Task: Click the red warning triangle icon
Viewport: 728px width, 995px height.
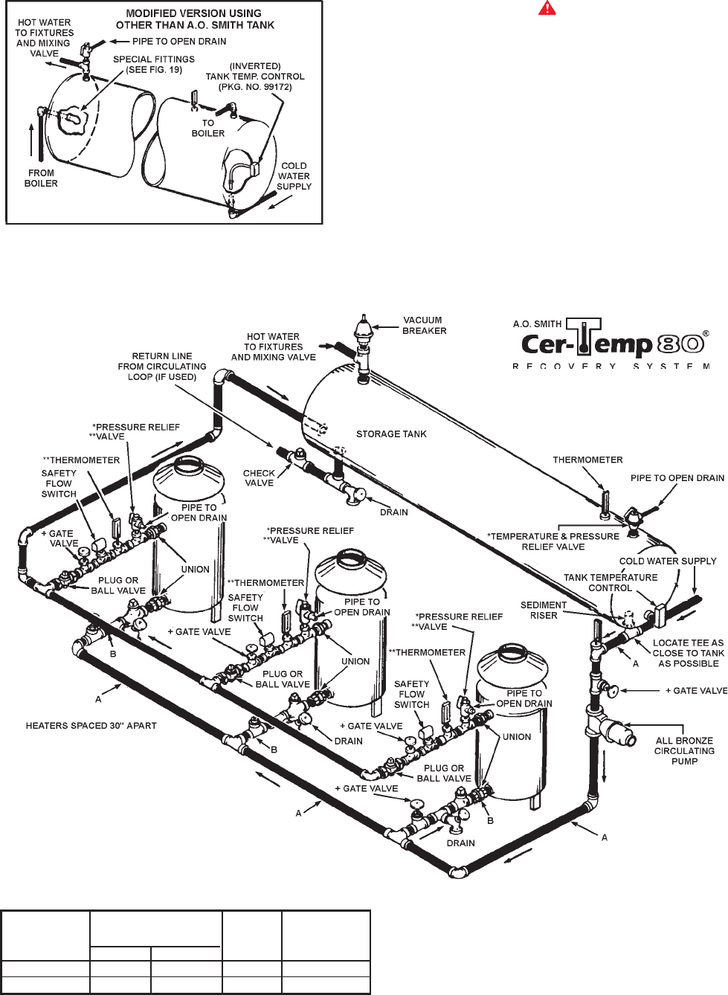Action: [x=547, y=8]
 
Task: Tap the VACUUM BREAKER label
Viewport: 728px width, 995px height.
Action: [x=425, y=326]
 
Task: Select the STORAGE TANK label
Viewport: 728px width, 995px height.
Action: [x=391, y=434]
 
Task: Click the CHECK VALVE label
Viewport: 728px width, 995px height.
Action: [x=260, y=478]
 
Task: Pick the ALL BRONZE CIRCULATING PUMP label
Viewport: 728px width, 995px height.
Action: [x=684, y=750]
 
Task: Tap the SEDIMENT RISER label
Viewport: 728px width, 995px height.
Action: [x=544, y=610]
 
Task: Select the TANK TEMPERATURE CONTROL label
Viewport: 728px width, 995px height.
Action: [x=611, y=582]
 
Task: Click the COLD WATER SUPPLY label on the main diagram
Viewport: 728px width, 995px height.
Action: [x=668, y=561]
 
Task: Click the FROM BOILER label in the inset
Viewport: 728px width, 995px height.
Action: [x=41, y=178]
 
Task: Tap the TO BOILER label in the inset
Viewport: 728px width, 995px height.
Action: [x=208, y=128]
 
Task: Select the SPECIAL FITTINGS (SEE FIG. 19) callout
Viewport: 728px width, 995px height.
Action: [x=154, y=65]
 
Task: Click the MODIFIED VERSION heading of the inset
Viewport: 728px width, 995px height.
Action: [x=196, y=19]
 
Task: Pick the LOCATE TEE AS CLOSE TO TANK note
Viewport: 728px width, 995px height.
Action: [x=689, y=653]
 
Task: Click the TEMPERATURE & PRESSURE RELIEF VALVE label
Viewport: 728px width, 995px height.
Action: [x=553, y=541]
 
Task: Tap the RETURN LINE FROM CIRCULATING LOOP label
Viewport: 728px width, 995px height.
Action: [x=162, y=367]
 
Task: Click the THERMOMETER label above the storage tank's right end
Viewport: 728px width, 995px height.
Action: [x=587, y=460]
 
